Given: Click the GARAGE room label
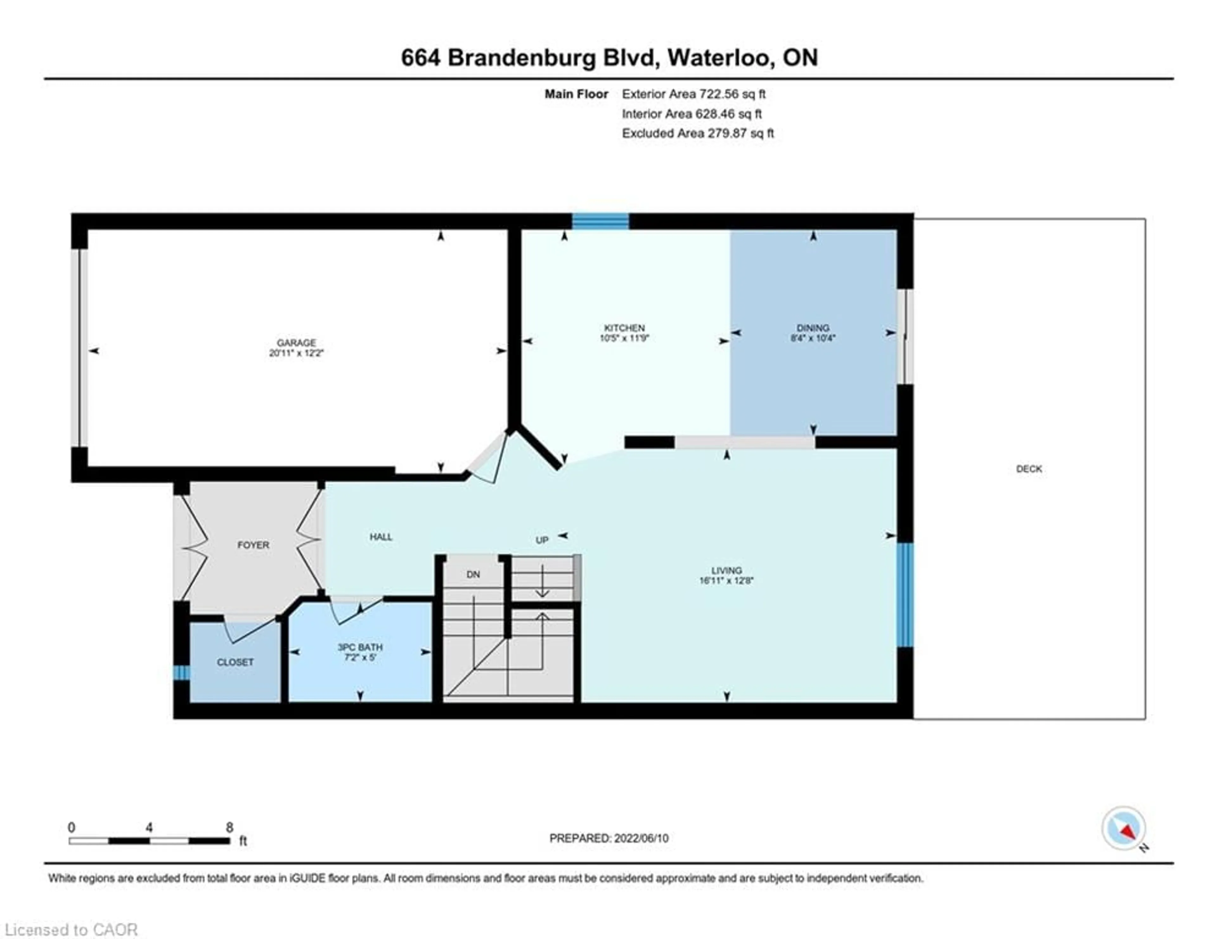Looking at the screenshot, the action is pos(296,342).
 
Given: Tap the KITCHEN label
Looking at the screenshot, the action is pos(624,328).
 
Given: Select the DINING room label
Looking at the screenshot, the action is pos(813,328).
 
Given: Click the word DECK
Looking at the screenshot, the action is pos(1029,469).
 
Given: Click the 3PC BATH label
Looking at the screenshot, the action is pos(360,647).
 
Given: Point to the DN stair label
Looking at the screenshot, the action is pos(473,574).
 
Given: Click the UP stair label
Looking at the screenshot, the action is pos(542,540).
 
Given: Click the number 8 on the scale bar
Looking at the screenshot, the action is pos(229,827).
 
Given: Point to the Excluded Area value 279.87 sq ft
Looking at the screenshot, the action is pos(741,133).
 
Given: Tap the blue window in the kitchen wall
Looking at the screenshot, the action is pos(601,221).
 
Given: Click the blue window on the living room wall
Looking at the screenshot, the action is pos(905,595).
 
